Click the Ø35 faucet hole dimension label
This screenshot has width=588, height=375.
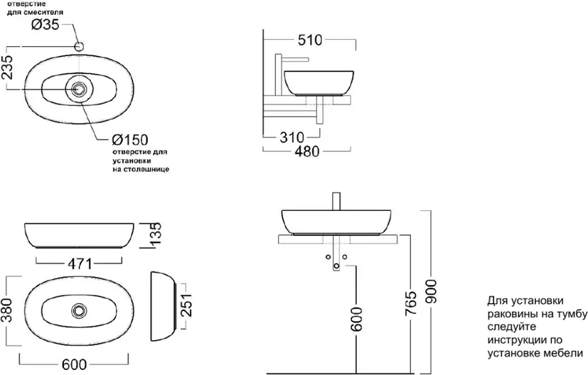pos(45,25)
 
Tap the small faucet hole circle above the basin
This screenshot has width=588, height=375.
pos(79,47)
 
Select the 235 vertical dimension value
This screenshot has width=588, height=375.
pos(7,67)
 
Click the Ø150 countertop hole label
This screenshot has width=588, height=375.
pos(130,140)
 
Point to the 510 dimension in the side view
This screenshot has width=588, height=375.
pos(310,40)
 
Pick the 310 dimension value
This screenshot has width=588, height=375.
pos(292,138)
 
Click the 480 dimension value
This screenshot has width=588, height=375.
pos(307,151)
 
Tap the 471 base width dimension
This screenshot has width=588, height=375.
pos(80,264)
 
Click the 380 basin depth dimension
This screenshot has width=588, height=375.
pos(7,310)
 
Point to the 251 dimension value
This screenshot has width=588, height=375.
pos(187,305)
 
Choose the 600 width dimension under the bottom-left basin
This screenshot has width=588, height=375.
pos(74,364)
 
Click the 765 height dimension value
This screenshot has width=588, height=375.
pos(411,303)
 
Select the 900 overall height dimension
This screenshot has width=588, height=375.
pos(432,291)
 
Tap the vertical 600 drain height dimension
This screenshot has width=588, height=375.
pos(357,319)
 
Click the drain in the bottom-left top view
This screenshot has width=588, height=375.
pos(79,310)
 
